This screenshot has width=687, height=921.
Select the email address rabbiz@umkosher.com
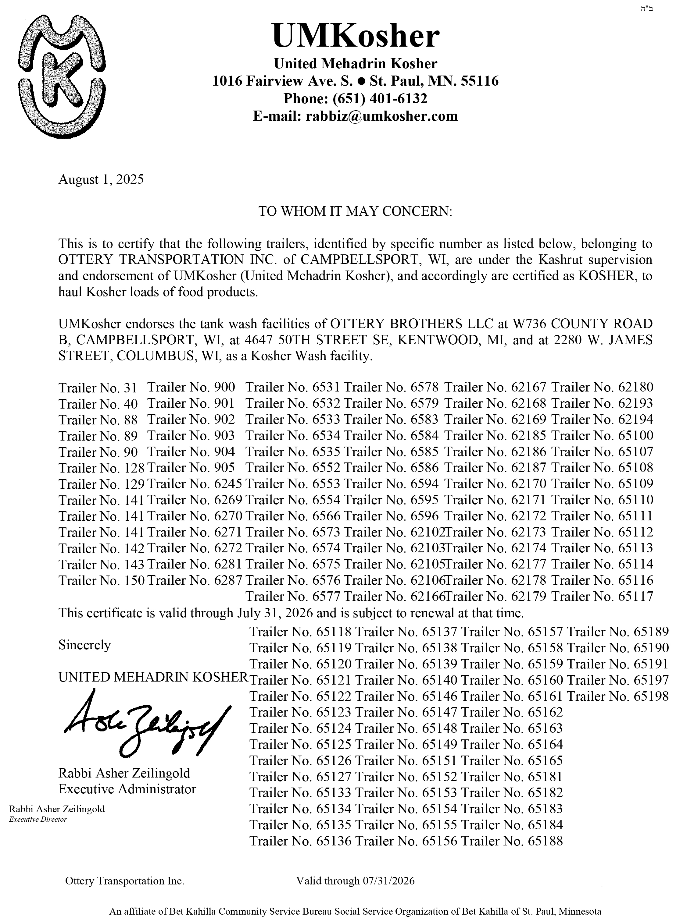pos(381,116)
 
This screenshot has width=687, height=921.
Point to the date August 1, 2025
pos(101,179)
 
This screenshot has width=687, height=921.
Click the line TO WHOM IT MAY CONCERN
pos(355,211)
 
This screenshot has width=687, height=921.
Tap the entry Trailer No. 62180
pos(602,387)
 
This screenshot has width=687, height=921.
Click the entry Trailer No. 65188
pos(512,841)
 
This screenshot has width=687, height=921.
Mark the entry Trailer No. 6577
pos(293,597)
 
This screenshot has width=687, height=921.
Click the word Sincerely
pos(84,645)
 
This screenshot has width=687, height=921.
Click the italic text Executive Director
pos(38,820)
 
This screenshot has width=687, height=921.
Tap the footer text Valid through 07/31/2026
pos(355,881)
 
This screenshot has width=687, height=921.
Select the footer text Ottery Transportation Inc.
pos(125,881)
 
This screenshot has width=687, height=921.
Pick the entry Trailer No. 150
pos(102,580)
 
